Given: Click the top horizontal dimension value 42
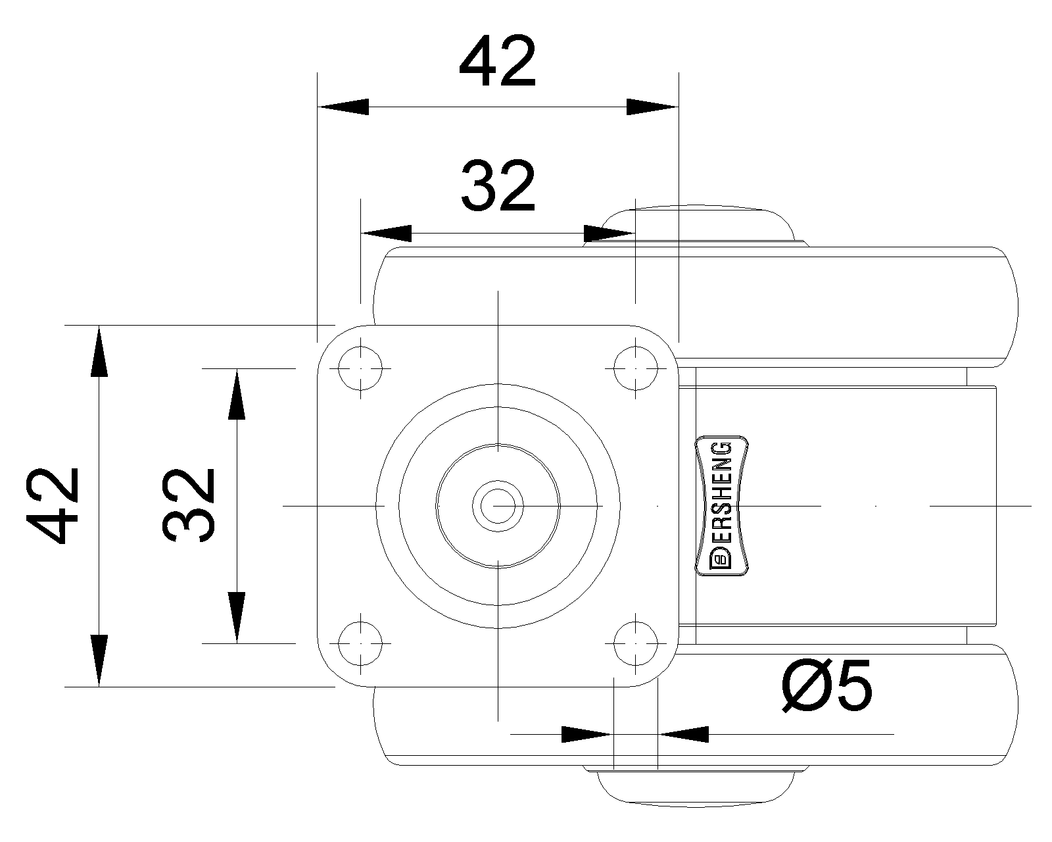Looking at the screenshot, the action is click(x=498, y=61).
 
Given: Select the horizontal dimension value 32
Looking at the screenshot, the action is click(x=498, y=186).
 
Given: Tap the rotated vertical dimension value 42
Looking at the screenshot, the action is click(x=53, y=506).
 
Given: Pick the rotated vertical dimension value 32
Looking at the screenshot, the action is click(x=188, y=506).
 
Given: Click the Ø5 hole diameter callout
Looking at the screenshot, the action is click(x=826, y=685).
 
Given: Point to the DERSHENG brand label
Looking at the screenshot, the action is click(x=721, y=505).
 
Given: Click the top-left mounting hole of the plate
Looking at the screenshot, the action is click(x=360, y=368).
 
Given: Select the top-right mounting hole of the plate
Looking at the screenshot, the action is click(x=636, y=368).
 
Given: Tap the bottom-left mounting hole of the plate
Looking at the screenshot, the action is click(x=360, y=643).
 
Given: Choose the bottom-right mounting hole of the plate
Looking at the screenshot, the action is click(x=636, y=643).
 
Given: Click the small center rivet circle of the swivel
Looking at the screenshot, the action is click(x=498, y=506).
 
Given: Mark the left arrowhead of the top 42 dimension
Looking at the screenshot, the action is click(x=343, y=107).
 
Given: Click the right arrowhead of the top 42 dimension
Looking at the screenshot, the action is click(x=652, y=107).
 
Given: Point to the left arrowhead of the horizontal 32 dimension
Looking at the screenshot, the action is click(x=386, y=234).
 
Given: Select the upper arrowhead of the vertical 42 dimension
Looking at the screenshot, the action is click(x=99, y=351).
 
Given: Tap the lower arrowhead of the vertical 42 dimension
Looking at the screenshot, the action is click(x=99, y=661).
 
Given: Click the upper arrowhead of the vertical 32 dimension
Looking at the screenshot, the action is click(x=237, y=394).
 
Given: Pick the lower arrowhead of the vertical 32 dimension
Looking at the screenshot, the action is click(x=237, y=618).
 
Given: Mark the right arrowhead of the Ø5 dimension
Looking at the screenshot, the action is click(x=683, y=734).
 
